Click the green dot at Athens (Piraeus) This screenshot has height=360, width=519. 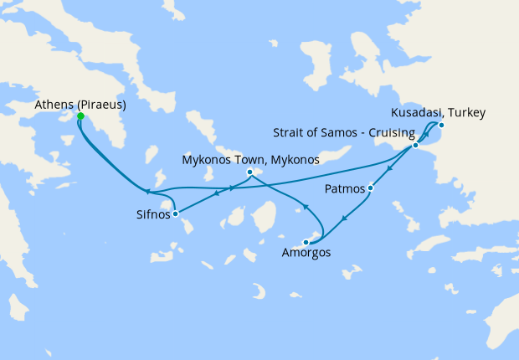point(80,116)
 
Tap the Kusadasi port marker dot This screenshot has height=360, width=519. point(442,126)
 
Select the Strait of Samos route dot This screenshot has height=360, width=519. point(415,146)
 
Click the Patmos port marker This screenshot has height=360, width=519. point(371,188)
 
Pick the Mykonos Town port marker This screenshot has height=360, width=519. point(250,172)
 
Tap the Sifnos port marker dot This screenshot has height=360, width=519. point(175,214)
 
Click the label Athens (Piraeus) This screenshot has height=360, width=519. point(80,105)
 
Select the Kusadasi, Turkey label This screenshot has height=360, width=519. point(438,113)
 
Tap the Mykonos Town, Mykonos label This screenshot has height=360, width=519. point(251,159)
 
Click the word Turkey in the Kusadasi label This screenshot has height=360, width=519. point(466,113)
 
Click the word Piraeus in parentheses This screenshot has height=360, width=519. point(101,105)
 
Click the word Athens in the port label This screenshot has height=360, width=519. point(54,105)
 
